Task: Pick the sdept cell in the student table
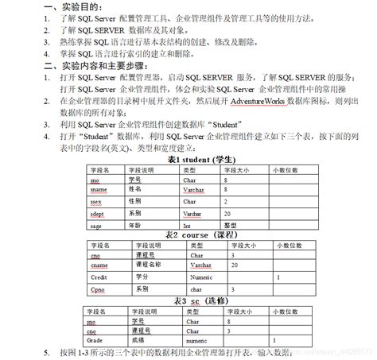click(98, 215)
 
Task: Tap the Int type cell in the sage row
click(189, 226)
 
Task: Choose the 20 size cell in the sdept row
click(227, 215)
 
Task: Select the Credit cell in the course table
click(99, 277)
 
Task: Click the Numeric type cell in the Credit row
click(201, 277)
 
